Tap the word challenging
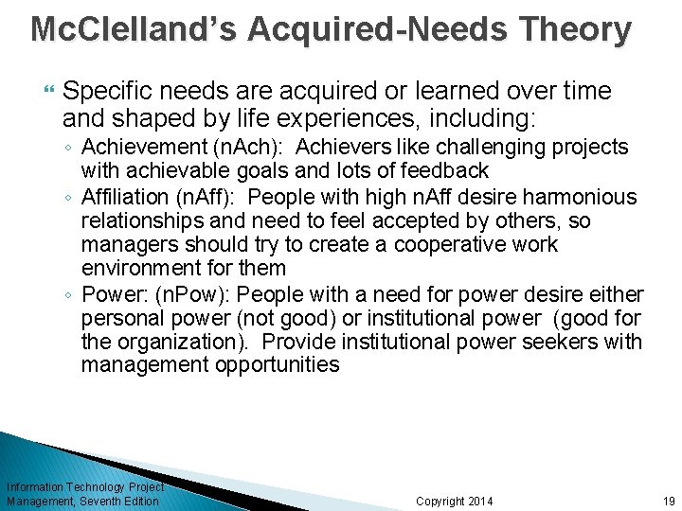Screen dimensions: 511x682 [485, 148]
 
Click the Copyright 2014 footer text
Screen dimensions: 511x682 [455, 501]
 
